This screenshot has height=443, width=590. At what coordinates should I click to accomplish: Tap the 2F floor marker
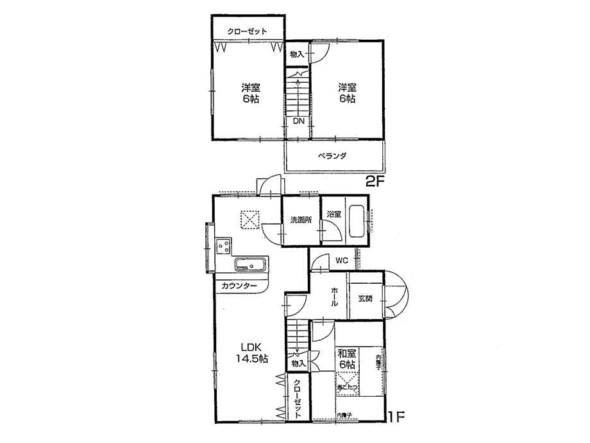point(374,182)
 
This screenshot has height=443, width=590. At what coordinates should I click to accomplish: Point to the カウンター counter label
point(240,286)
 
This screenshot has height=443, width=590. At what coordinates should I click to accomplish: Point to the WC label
point(341,261)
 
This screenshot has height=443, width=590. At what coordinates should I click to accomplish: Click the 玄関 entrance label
point(365,298)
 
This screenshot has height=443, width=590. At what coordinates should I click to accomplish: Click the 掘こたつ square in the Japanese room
point(347,384)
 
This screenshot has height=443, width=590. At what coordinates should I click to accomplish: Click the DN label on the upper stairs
point(298,121)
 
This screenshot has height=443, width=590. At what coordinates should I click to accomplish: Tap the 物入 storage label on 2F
point(296,54)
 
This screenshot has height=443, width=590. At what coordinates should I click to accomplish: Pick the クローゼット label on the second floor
point(246,31)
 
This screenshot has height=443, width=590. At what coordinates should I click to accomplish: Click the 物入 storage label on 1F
point(298,364)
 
